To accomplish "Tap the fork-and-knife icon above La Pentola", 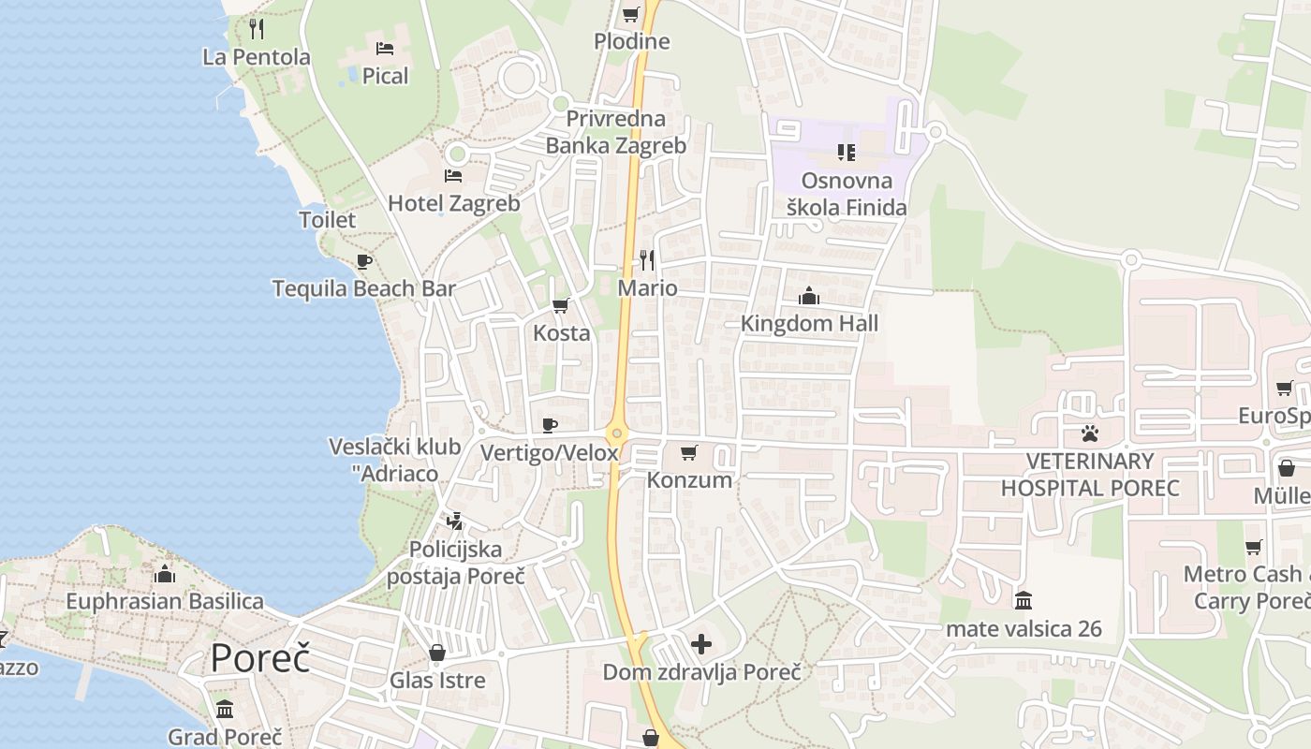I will tap(257, 29).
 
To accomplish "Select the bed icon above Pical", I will tap(385, 49).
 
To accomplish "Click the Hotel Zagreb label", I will tap(453, 203).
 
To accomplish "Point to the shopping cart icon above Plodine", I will tap(631, 14).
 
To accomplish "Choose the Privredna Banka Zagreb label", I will tap(616, 132).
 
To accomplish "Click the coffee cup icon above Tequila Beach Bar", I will tap(364, 261).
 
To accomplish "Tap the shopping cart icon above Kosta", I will tap(561, 305).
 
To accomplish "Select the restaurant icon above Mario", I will tap(647, 259).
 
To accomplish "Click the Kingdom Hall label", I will tap(809, 324).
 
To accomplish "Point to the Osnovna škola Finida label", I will tap(847, 194).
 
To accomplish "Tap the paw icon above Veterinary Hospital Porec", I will tap(1090, 433).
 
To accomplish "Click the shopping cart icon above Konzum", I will tap(689, 453).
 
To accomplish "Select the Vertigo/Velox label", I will tap(550, 453).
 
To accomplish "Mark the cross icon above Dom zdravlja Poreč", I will tap(701, 644).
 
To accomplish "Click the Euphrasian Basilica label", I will tap(165, 601).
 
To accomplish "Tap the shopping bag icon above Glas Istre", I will tap(437, 653).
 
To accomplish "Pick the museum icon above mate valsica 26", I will tap(1024, 599).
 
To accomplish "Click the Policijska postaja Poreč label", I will tap(456, 563).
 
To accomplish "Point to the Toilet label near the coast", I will tap(327, 220).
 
